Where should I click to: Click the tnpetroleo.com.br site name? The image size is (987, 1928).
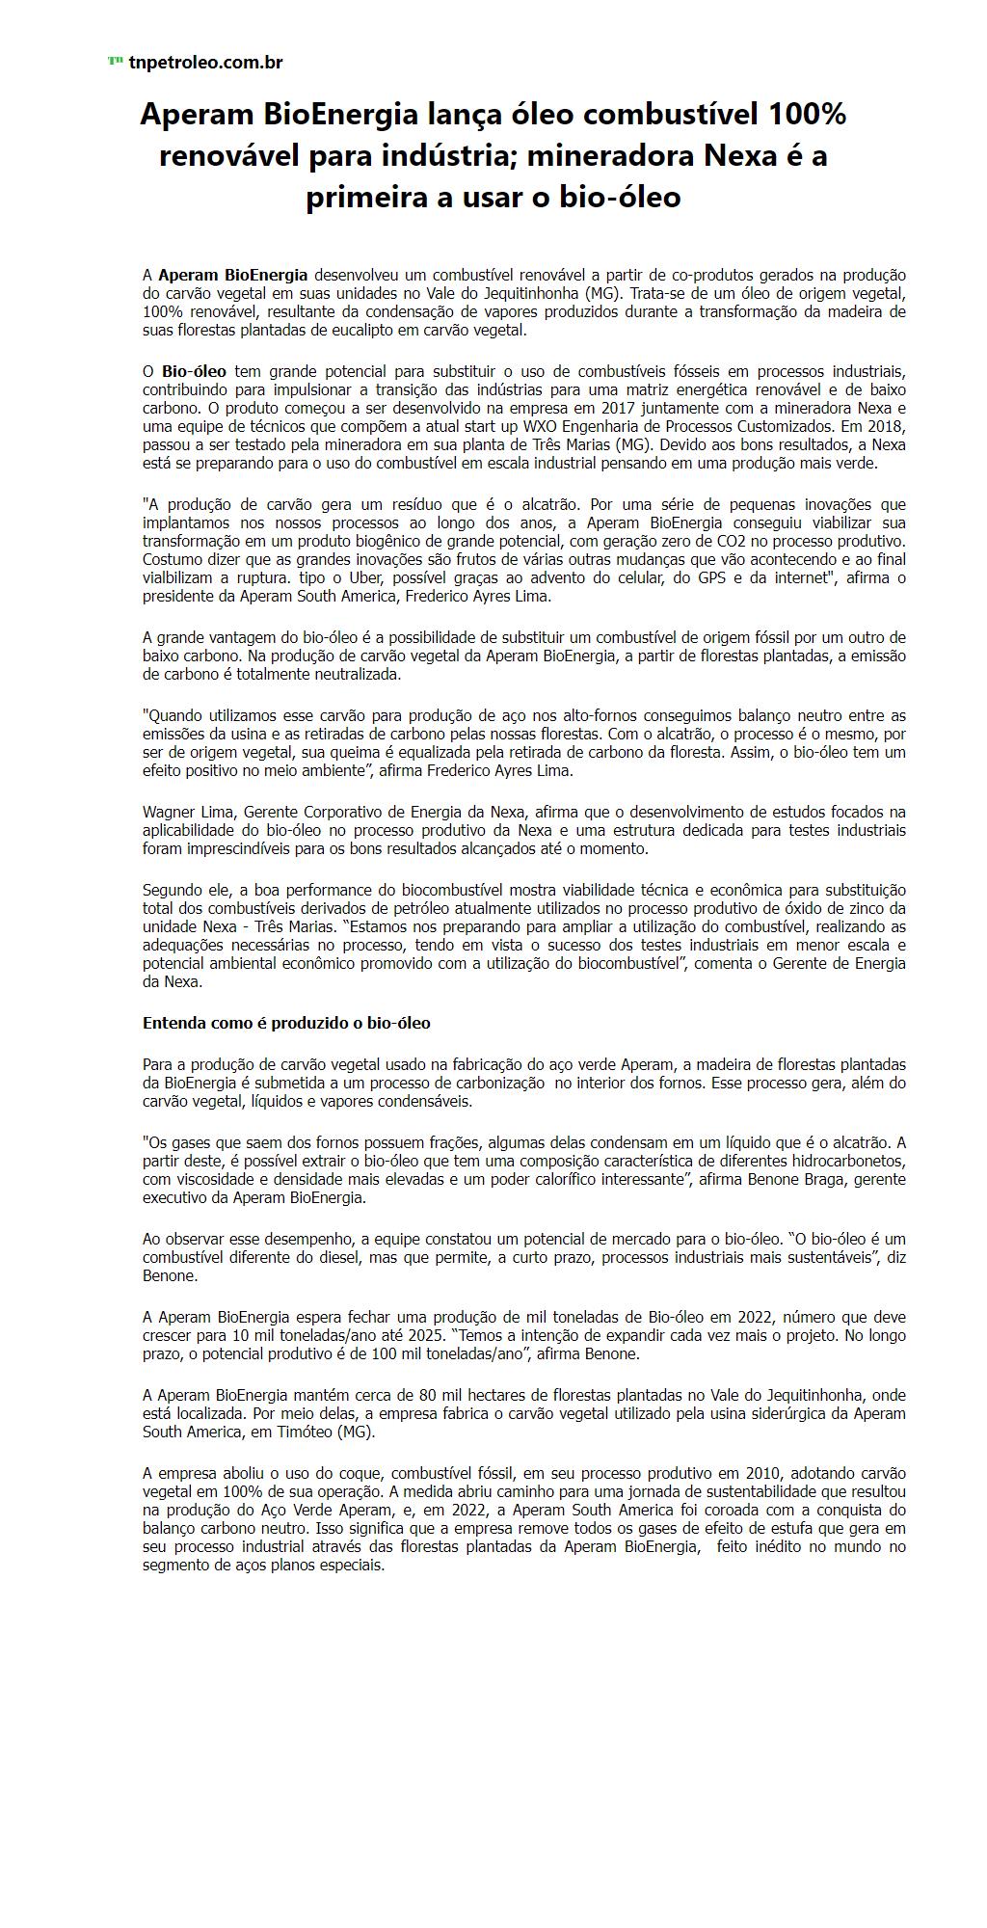tap(205, 63)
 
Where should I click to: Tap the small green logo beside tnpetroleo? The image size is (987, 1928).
tap(115, 62)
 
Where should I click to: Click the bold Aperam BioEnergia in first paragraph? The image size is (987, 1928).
tap(233, 276)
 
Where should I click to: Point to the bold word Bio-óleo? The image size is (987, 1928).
tap(194, 371)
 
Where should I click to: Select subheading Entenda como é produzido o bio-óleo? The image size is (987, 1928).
tap(286, 1023)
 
